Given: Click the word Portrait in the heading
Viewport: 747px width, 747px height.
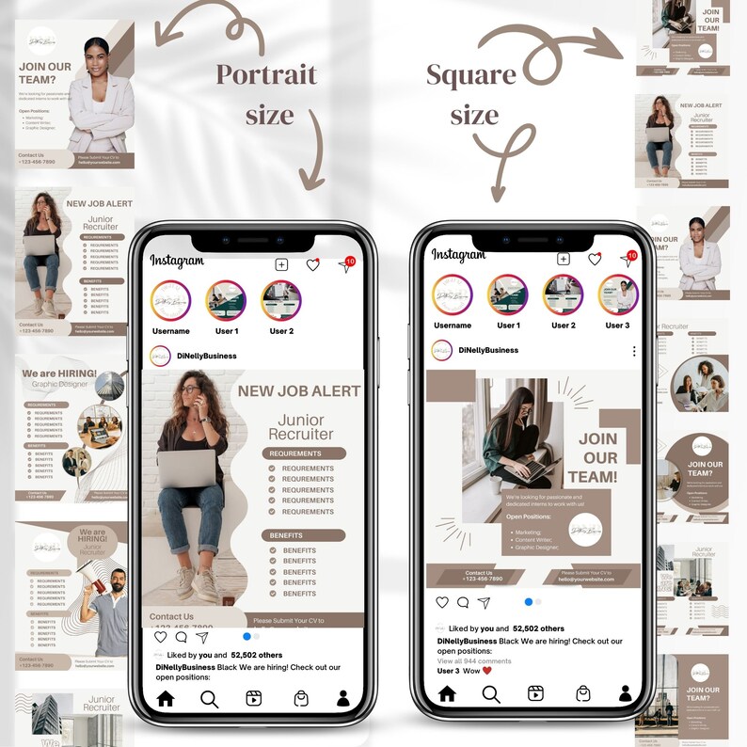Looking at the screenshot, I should [x=266, y=74].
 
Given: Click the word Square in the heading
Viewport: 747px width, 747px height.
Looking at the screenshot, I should [x=470, y=74].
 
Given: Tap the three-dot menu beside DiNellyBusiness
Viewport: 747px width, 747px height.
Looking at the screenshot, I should [x=634, y=351].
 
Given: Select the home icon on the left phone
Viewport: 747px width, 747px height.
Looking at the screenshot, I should [x=166, y=698].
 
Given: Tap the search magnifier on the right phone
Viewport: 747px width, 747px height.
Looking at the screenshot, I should [x=491, y=693].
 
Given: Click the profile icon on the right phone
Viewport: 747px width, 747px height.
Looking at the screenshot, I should [x=626, y=693].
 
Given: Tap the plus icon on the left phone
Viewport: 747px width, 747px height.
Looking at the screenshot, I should [x=280, y=265].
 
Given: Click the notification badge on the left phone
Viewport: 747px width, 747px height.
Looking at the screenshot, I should [x=350, y=261].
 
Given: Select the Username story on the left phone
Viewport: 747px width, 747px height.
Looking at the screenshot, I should [x=171, y=301].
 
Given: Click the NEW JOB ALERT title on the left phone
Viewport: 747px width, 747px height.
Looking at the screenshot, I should [x=298, y=390].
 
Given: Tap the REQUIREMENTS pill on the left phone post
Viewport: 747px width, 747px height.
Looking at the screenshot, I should [x=302, y=453].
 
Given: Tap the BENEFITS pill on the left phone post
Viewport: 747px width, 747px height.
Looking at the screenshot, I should [x=302, y=535].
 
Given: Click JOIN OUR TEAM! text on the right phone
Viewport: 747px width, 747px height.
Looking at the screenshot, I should [x=598, y=458].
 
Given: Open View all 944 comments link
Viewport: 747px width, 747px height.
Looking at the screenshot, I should [x=474, y=661].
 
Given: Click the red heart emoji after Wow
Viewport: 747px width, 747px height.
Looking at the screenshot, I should [x=487, y=671].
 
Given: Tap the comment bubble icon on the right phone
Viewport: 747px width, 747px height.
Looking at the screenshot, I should [x=463, y=602].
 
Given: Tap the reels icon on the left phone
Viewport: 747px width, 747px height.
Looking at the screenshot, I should [x=253, y=698].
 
